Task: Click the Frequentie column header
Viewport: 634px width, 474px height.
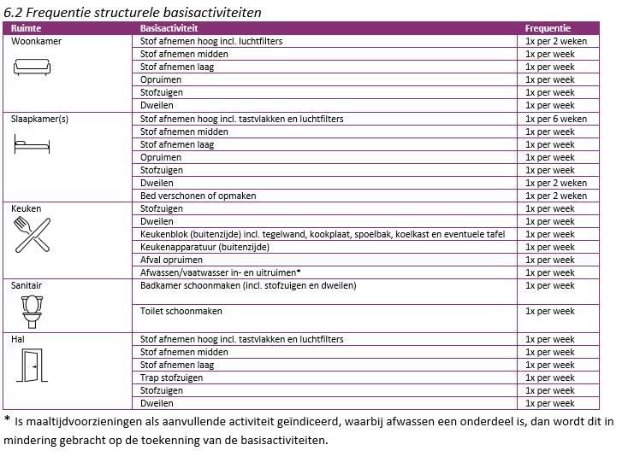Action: point(548,28)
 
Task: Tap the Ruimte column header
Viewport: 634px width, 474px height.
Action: point(26,28)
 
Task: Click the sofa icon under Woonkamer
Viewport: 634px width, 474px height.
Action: point(33,67)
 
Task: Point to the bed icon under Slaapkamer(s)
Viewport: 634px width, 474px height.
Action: point(32,146)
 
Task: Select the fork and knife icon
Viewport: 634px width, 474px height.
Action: point(32,235)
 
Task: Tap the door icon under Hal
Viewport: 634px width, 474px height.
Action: point(32,366)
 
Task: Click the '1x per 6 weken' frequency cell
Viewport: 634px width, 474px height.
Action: point(556,119)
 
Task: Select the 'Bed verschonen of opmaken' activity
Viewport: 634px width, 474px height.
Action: point(198,196)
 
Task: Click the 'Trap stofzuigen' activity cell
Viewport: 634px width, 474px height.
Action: point(171,377)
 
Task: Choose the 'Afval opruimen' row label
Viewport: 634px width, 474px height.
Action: point(171,260)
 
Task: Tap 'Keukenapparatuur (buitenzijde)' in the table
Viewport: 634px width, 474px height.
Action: point(204,247)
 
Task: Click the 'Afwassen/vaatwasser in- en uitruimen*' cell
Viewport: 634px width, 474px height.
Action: point(220,272)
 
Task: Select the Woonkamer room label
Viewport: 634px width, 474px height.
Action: point(37,41)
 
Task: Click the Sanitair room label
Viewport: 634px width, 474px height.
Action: point(27,285)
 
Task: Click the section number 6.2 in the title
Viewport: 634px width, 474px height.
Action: point(14,12)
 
